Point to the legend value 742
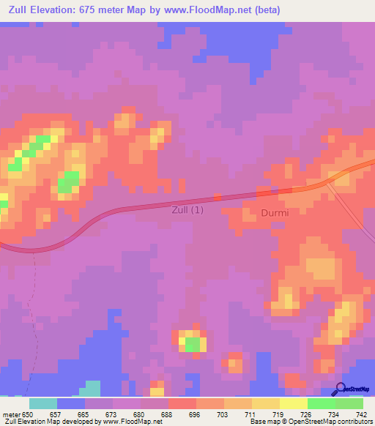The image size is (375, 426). pyautogui.click(x=362, y=413)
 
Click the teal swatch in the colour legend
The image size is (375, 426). pyautogui.click(x=43, y=403)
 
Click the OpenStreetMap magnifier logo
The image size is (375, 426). pyautogui.click(x=339, y=389)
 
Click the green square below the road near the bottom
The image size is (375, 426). pyautogui.click(x=193, y=343)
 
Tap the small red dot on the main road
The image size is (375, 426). pyautogui.click(x=217, y=197)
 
